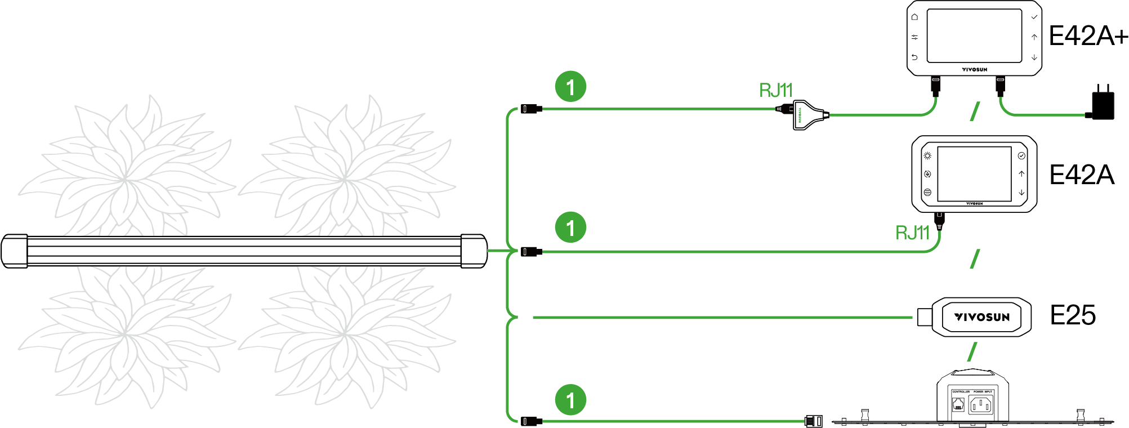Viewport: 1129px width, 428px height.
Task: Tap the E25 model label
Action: point(1073,315)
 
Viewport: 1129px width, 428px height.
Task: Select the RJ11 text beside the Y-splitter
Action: point(775,90)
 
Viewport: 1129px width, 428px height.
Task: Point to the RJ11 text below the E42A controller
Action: point(912,233)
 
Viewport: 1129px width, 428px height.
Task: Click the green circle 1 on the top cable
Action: point(570,87)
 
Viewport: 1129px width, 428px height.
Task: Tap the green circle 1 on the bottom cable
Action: point(570,400)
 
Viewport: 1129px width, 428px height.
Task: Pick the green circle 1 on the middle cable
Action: point(570,228)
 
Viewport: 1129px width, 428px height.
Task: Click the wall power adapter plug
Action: point(1102,104)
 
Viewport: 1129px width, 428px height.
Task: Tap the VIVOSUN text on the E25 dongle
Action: point(982,317)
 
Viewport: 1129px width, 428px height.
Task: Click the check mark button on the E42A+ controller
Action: point(1034,17)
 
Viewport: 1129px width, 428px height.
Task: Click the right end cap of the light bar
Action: point(474,251)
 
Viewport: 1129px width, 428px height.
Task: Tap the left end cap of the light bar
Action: point(14,251)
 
